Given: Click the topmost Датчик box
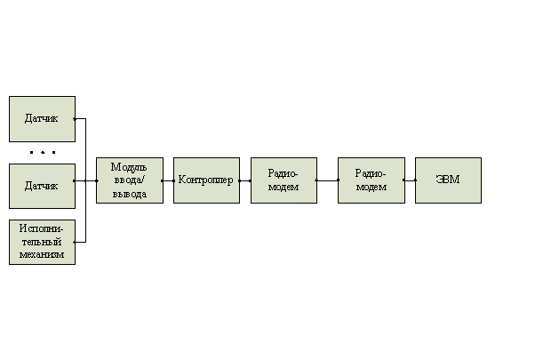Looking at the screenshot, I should (x=42, y=118).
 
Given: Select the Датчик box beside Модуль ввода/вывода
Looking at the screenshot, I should (x=42, y=186).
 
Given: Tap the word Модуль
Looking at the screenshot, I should (x=129, y=167).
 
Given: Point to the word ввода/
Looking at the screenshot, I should (x=129, y=180).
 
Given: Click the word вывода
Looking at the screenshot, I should (x=129, y=194).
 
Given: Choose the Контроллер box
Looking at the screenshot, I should (x=206, y=180).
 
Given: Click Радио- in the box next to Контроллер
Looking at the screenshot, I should (x=283, y=173).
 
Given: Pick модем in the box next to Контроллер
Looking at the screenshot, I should (x=283, y=188).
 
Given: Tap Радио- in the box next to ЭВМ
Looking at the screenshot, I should (x=371, y=173).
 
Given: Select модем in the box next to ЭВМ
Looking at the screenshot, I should (x=371, y=188).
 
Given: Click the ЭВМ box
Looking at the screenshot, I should (x=448, y=180).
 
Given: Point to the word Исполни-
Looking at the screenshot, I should (x=42, y=228).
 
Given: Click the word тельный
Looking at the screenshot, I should (x=42, y=242).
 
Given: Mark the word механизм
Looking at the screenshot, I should (x=42, y=254).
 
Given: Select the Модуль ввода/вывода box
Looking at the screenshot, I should (x=130, y=180).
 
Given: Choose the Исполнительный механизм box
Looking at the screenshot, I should (x=42, y=242).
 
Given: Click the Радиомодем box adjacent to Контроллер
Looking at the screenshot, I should (x=283, y=180).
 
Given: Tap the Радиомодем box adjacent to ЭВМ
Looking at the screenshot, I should (x=371, y=180).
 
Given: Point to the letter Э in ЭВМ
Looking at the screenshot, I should (x=439, y=180).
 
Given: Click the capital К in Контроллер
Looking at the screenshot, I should (x=181, y=180).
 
